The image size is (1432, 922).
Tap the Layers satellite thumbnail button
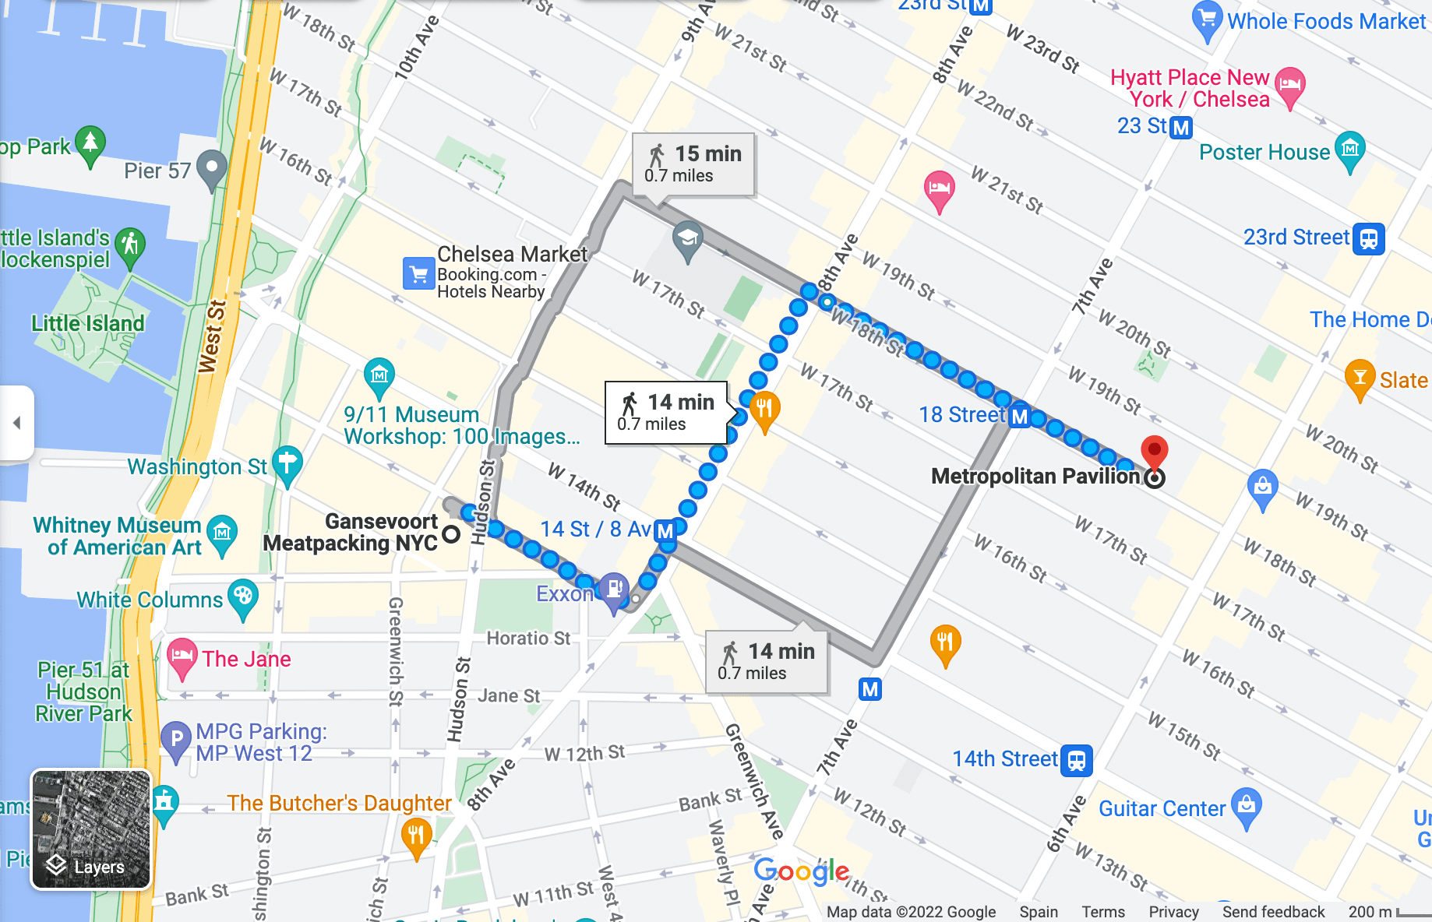90,829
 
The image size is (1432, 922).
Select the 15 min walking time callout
693,164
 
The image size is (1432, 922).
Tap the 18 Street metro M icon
1020,417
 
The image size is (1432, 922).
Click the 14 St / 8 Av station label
595,530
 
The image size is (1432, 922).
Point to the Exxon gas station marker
614,589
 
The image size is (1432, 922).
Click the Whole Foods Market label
1326,22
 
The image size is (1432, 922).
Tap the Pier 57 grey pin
211,167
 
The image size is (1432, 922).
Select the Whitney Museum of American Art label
117,536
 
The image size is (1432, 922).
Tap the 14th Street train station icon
1076,760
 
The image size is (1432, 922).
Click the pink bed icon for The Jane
182,656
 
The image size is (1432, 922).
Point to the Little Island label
87,323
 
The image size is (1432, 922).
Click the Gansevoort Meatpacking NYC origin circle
451,534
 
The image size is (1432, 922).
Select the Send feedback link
1273,912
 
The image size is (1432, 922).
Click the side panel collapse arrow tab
16,423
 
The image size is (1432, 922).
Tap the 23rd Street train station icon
1369,238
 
